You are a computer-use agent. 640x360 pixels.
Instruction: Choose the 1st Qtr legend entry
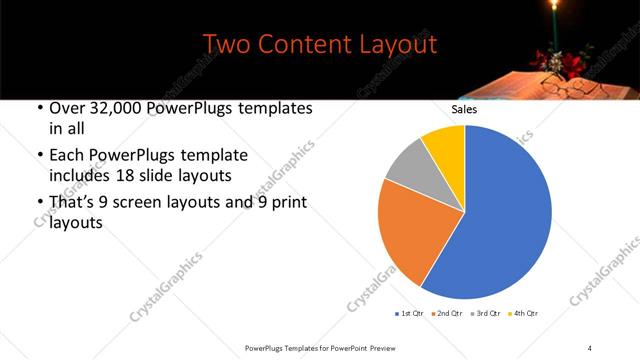(410, 314)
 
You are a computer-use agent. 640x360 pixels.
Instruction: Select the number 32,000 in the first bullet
(119, 108)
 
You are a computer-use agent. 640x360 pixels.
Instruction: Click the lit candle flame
(552, 13)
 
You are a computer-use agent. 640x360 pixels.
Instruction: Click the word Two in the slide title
(227, 45)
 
